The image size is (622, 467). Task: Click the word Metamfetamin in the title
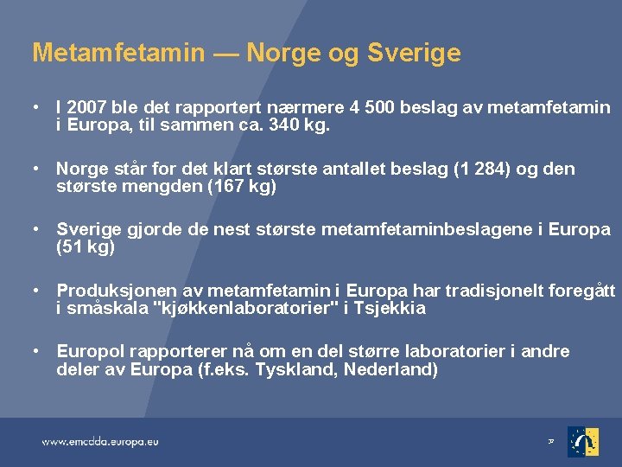click(118, 52)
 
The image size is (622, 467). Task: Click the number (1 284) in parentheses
click(481, 170)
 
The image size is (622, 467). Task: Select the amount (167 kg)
click(242, 186)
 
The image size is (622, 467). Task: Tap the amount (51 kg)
click(86, 247)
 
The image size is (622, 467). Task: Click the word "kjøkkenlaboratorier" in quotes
click(244, 308)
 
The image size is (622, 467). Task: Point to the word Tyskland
click(296, 370)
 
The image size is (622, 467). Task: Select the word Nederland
click(390, 370)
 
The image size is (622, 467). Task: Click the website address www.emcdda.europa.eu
click(100, 442)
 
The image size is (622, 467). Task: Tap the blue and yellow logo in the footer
click(583, 442)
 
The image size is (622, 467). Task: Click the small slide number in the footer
click(551, 441)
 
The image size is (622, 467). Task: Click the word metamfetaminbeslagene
click(427, 229)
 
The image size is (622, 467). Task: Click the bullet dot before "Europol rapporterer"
click(36, 351)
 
